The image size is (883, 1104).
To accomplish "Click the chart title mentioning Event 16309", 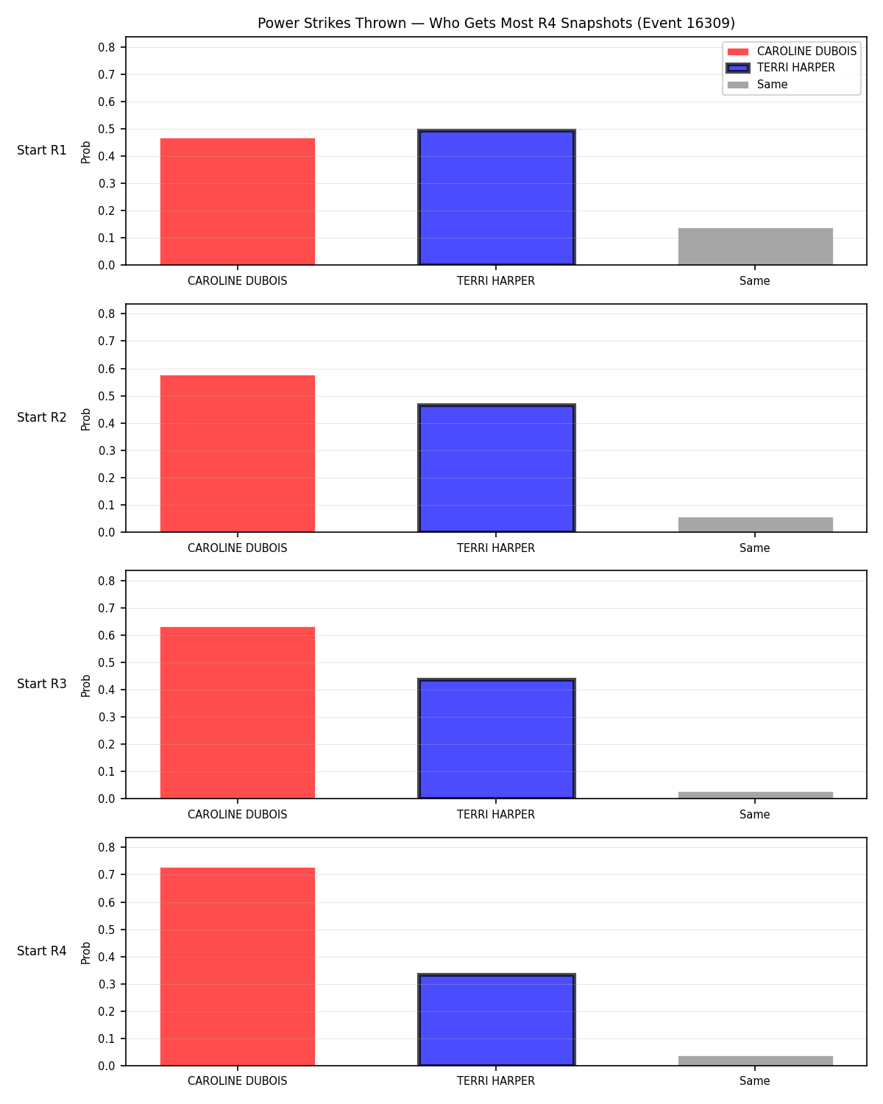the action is tap(496, 23).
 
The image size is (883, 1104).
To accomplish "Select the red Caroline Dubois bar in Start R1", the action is tap(237, 202).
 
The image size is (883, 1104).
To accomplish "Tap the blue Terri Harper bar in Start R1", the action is tap(496, 197).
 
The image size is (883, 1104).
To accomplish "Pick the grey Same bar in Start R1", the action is tap(755, 247).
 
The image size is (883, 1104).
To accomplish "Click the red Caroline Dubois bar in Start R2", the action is tap(237, 453).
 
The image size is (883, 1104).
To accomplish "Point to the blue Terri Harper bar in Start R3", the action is tap(496, 738).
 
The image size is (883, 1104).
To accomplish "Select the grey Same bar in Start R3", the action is tap(755, 795).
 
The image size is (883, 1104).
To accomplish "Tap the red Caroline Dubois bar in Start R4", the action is tap(237, 966).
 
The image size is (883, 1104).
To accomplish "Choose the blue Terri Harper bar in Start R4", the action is tap(496, 1019).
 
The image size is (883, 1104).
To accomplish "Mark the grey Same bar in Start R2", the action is tap(755, 525).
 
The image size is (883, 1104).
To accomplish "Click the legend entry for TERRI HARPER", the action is tap(780, 68).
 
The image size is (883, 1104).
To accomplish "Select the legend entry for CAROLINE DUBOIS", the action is tap(791, 52).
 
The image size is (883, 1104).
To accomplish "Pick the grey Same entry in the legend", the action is tap(756, 85).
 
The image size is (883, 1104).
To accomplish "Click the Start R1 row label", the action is tap(41, 150).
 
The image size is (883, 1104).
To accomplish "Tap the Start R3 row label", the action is tap(41, 684).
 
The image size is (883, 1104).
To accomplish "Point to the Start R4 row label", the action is tap(41, 951).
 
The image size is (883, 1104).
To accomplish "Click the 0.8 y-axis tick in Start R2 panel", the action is tap(106, 314).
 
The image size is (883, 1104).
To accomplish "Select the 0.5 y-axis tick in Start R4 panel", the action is tap(106, 930).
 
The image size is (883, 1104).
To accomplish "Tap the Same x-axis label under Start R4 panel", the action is tap(754, 1081).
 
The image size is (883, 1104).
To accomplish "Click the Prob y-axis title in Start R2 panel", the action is tap(85, 419).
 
